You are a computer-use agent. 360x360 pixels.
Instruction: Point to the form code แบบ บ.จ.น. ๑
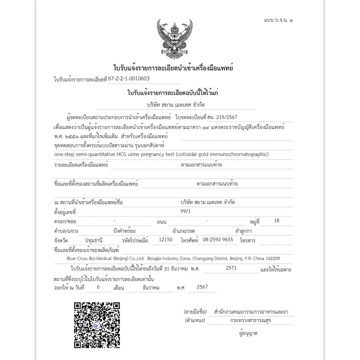278,21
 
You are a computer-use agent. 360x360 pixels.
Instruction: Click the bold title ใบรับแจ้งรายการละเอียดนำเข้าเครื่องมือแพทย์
173,68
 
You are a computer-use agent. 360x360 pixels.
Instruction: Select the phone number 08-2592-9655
218,240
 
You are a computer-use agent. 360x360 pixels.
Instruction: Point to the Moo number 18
276,221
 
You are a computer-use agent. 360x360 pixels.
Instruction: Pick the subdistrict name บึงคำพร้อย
125,230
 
